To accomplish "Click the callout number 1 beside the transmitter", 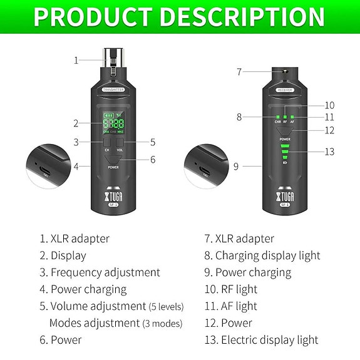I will tap(76, 61).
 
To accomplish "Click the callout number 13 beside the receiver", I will tap(329, 152).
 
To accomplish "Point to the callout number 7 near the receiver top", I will tap(239, 71).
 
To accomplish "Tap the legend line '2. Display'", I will tap(63, 255).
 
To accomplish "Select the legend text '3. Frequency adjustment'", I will tap(100, 272).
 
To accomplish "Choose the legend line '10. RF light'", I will tap(230, 289).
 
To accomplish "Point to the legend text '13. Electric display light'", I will tap(261, 340).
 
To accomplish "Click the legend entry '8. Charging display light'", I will tap(262, 255).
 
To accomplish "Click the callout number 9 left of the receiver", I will tap(236, 167).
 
